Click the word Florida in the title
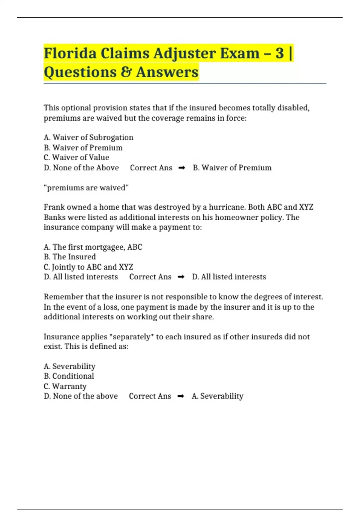(x=70, y=53)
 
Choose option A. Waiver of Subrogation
(x=88, y=137)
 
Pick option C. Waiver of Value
(x=76, y=157)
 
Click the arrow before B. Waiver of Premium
(x=181, y=168)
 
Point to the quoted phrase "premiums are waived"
(x=86, y=188)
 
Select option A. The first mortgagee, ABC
(x=93, y=247)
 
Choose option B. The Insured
(x=70, y=257)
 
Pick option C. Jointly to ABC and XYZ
(x=88, y=267)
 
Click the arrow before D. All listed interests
(x=181, y=277)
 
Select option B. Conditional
(x=69, y=376)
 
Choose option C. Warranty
(x=65, y=386)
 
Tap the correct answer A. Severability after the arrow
(x=217, y=396)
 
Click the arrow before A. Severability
(x=181, y=396)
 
